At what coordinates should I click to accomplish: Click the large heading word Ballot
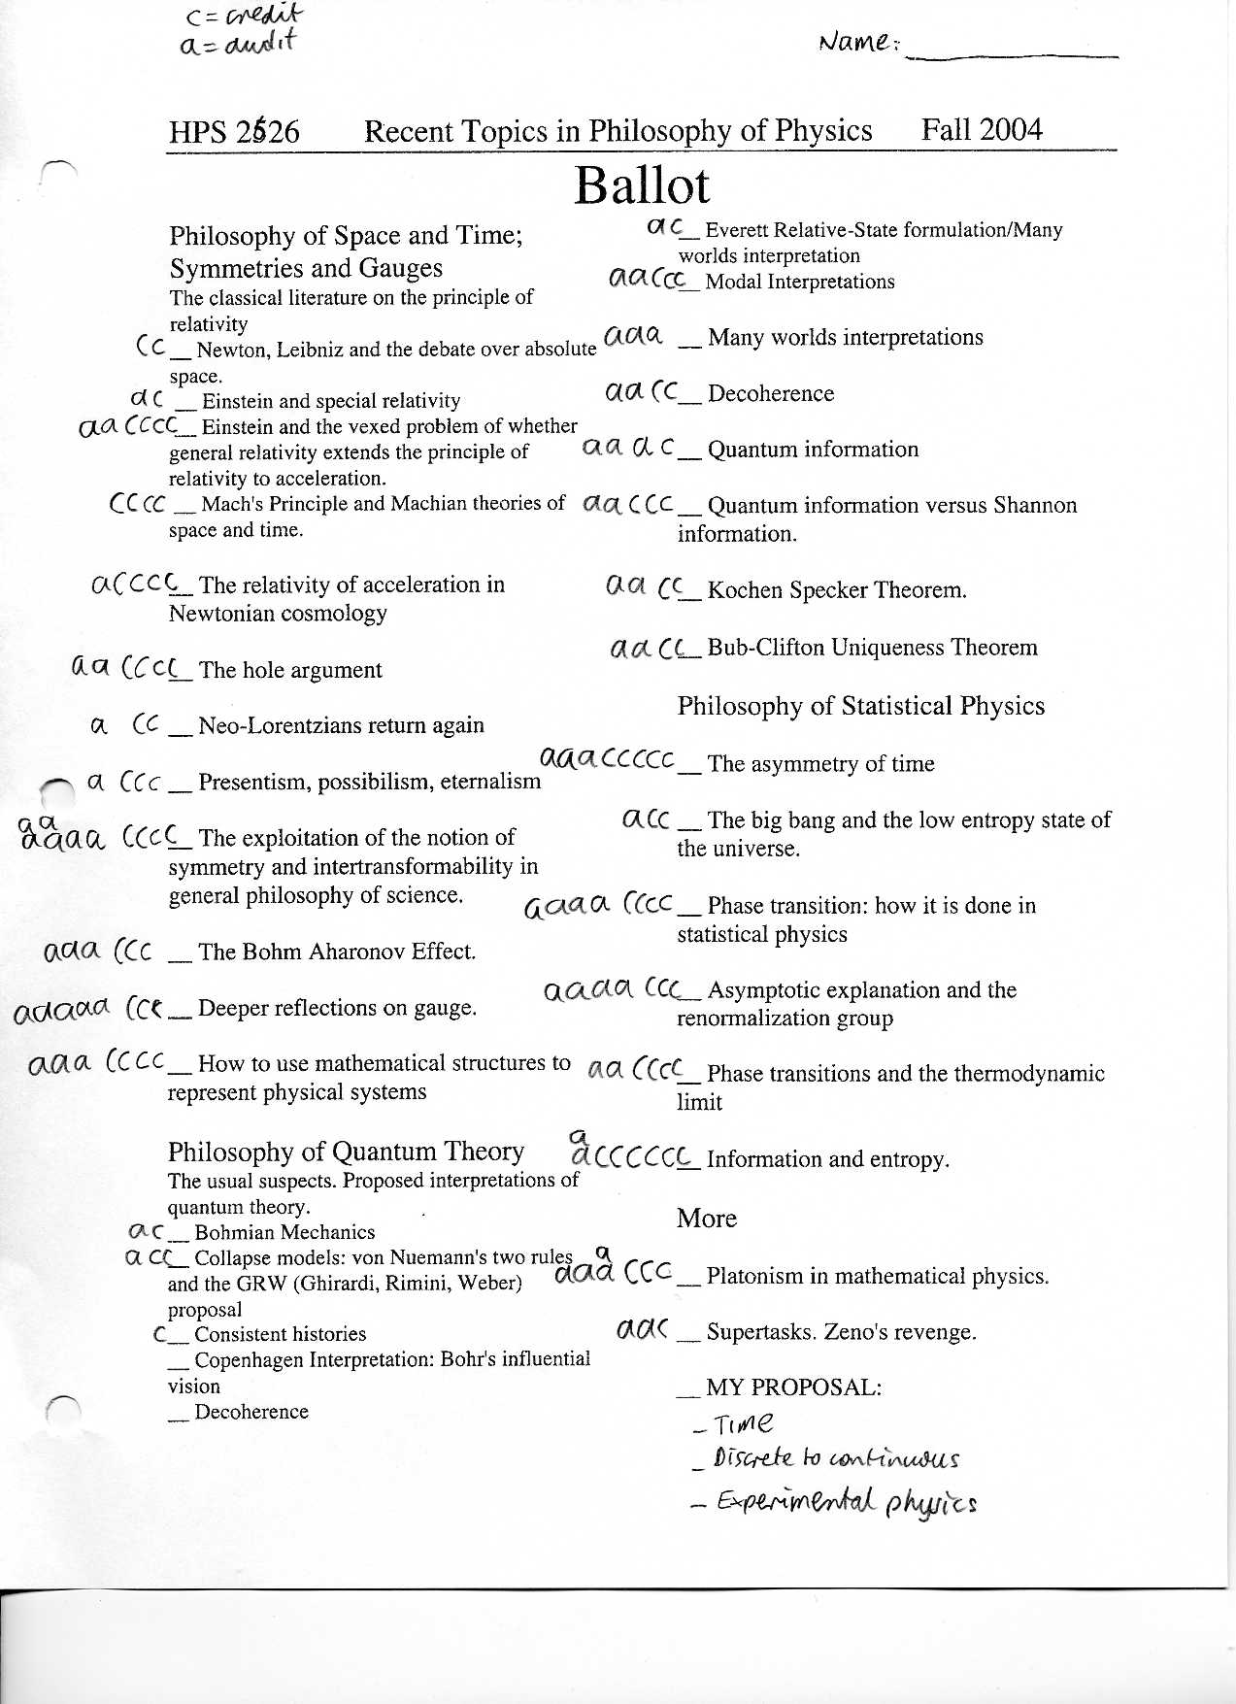click(x=642, y=185)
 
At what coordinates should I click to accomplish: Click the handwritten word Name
click(x=854, y=42)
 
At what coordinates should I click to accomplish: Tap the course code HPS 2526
click(x=234, y=132)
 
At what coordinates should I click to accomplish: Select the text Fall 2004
click(x=982, y=129)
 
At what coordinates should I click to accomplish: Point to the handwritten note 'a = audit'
click(x=237, y=44)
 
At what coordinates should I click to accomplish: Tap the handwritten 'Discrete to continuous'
click(x=835, y=1459)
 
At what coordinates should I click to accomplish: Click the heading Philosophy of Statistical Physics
click(x=860, y=706)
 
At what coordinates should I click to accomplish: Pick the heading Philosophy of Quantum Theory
click(x=346, y=1152)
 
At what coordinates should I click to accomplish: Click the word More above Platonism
click(x=706, y=1219)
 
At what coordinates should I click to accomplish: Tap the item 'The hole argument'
click(x=290, y=670)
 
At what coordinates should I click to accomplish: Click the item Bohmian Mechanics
click(x=284, y=1232)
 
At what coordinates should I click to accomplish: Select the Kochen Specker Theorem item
click(x=837, y=590)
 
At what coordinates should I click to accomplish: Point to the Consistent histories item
click(x=281, y=1334)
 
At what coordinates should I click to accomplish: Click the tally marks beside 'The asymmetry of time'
click(x=607, y=759)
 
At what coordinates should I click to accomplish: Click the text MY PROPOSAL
click(x=793, y=1387)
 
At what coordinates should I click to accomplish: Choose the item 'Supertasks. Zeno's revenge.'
click(x=841, y=1332)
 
